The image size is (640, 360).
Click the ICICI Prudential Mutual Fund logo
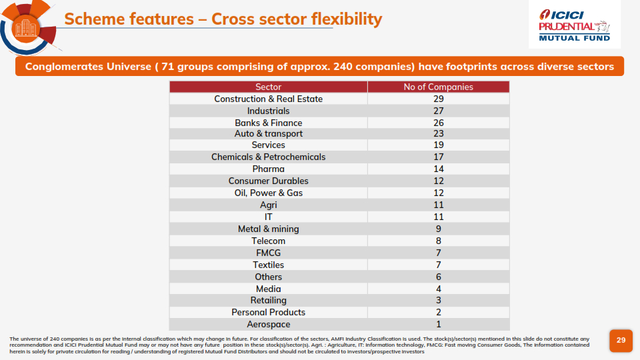pyautogui.click(x=575, y=25)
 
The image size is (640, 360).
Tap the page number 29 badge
pyautogui.click(x=621, y=340)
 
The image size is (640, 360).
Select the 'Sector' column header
pyautogui.click(x=269, y=87)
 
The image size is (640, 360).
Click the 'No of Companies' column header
pyautogui.click(x=438, y=87)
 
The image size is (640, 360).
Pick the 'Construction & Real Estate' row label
pyautogui.click(x=269, y=99)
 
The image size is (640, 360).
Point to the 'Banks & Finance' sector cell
pyautogui.click(x=269, y=123)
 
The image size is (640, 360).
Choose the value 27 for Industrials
pyautogui.click(x=438, y=111)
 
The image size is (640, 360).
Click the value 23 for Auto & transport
pyautogui.click(x=438, y=133)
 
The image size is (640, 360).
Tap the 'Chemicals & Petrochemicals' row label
pyautogui.click(x=269, y=157)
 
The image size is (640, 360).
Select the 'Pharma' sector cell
pyautogui.click(x=269, y=169)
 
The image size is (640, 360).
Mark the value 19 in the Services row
pyautogui.click(x=438, y=145)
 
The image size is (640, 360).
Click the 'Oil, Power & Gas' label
pyautogui.click(x=269, y=193)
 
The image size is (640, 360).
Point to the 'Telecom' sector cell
pyautogui.click(x=269, y=241)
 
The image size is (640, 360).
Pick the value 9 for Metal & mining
pyautogui.click(x=438, y=229)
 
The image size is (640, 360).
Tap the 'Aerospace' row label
pyautogui.click(x=269, y=324)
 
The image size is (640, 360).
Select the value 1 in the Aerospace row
pyautogui.click(x=438, y=324)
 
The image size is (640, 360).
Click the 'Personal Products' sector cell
pyautogui.click(x=269, y=312)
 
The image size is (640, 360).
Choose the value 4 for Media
pyautogui.click(x=438, y=289)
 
